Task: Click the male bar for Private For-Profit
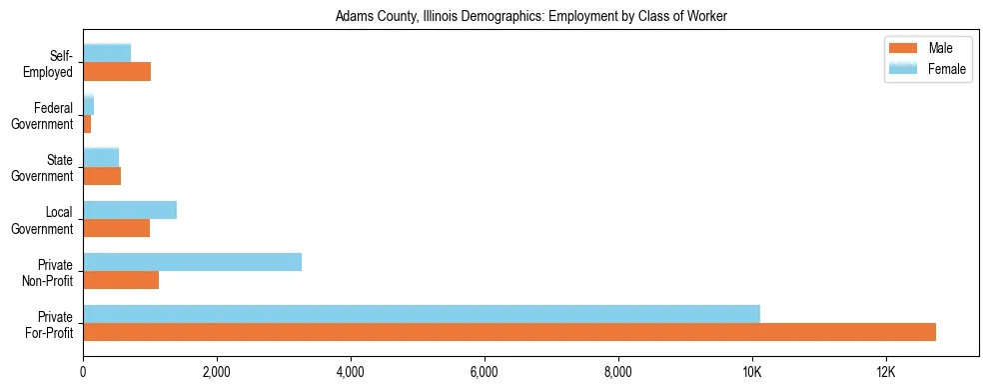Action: [x=509, y=332]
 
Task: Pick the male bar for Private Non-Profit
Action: [x=121, y=280]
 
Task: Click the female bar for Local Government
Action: [x=130, y=210]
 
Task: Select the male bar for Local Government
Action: [x=116, y=228]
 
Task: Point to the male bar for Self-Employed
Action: [x=117, y=72]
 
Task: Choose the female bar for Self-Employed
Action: [x=107, y=53]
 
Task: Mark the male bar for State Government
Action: [x=102, y=176]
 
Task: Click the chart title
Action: [x=531, y=16]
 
